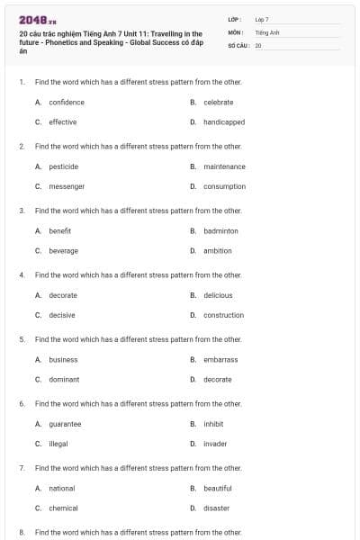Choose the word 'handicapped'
(224, 121)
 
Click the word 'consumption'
(224, 186)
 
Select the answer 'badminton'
(220, 230)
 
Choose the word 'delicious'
(218, 295)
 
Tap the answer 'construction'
(223, 315)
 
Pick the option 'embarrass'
(220, 360)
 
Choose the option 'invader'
(215, 444)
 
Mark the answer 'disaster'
(216, 508)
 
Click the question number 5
(22, 339)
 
